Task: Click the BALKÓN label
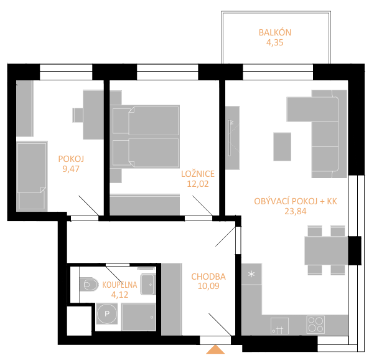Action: [x=275, y=32]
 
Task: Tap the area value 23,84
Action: [x=296, y=211]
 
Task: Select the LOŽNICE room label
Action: [x=198, y=174]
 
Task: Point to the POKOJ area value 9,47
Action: [x=71, y=169]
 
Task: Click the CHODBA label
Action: [x=208, y=277]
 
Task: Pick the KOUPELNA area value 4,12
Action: [x=119, y=295]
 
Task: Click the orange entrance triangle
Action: [x=215, y=349]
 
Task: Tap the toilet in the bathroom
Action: [x=88, y=285]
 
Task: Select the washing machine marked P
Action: [x=107, y=313]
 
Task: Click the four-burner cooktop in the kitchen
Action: [x=316, y=324]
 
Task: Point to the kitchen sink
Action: [x=279, y=326]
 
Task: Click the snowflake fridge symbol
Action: [x=251, y=274]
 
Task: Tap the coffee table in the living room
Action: [x=282, y=146]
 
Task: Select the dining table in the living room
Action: [x=326, y=250]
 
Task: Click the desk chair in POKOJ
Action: [x=77, y=115]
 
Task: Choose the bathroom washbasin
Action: [x=148, y=285]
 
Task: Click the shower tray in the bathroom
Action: [x=139, y=317]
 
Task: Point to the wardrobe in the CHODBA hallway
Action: [x=171, y=299]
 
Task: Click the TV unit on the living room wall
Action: [x=232, y=138]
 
